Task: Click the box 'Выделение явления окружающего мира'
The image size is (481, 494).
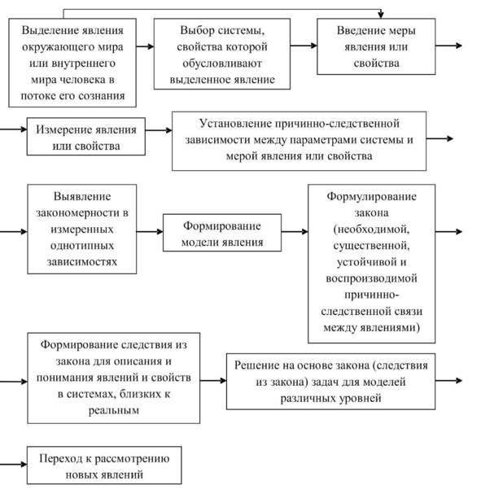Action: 72,63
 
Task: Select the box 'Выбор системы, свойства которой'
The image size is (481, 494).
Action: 222,54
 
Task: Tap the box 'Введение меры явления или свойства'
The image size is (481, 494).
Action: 376,46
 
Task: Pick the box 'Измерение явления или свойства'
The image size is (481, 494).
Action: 86,137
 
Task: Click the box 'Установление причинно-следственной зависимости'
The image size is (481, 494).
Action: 299,141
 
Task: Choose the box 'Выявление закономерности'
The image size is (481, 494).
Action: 82,229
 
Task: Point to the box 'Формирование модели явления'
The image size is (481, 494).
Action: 222,233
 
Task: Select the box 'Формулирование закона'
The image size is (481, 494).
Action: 372,264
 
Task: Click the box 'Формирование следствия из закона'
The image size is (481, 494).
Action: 114,378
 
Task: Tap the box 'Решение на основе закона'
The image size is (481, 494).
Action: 330,382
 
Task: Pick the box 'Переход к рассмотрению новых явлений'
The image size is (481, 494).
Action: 104,465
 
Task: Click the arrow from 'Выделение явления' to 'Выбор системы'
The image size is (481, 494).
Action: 145,46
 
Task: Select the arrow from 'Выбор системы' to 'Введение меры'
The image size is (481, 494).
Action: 304,46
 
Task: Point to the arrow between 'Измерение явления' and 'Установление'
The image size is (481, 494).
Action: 159,130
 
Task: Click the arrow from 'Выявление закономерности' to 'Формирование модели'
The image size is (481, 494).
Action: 150,232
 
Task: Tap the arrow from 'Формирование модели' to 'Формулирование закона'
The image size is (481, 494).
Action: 295,232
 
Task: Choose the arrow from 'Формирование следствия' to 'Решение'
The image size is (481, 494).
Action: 213,381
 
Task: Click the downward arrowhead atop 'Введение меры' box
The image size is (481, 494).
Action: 381,15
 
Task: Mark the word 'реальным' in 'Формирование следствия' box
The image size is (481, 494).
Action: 114,410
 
